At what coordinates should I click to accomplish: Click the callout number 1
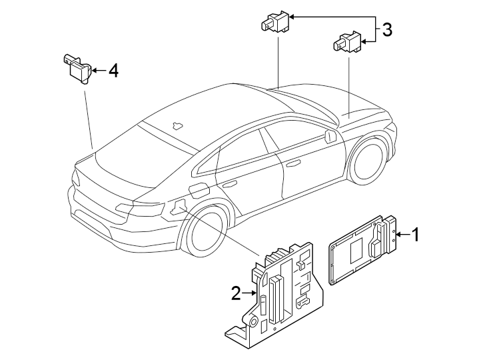point(416,235)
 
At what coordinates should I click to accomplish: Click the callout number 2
point(235,293)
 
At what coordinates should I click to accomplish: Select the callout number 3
point(386,29)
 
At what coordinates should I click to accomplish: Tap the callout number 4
point(113,70)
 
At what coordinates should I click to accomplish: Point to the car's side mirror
point(330,136)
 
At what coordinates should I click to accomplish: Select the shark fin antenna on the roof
point(159,124)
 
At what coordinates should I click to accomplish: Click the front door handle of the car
point(292,162)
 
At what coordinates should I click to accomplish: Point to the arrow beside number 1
point(402,235)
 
